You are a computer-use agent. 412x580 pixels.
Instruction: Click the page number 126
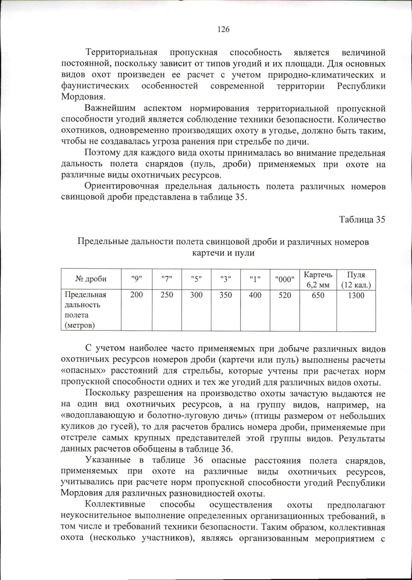[223, 30]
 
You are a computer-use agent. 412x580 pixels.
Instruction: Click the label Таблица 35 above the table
[362, 219]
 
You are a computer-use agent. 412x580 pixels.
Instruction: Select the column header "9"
[136, 279]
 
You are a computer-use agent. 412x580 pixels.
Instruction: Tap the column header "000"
[285, 279]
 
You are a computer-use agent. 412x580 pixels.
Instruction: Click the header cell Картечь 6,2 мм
[318, 280]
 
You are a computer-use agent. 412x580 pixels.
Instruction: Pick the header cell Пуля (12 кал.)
[356, 280]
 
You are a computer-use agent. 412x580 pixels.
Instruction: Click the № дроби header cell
[91, 279]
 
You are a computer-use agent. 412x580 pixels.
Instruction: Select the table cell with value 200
[136, 295]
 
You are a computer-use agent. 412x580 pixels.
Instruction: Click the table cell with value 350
[226, 295]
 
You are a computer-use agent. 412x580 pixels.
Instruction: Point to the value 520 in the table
[285, 295]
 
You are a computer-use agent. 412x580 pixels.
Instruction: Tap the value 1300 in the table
[356, 295]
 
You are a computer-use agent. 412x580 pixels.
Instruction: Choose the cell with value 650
[318, 295]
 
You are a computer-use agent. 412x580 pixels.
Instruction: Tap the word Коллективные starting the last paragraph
[115, 505]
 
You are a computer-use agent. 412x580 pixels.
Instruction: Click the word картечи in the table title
[205, 253]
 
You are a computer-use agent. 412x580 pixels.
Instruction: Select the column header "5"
[196, 279]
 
